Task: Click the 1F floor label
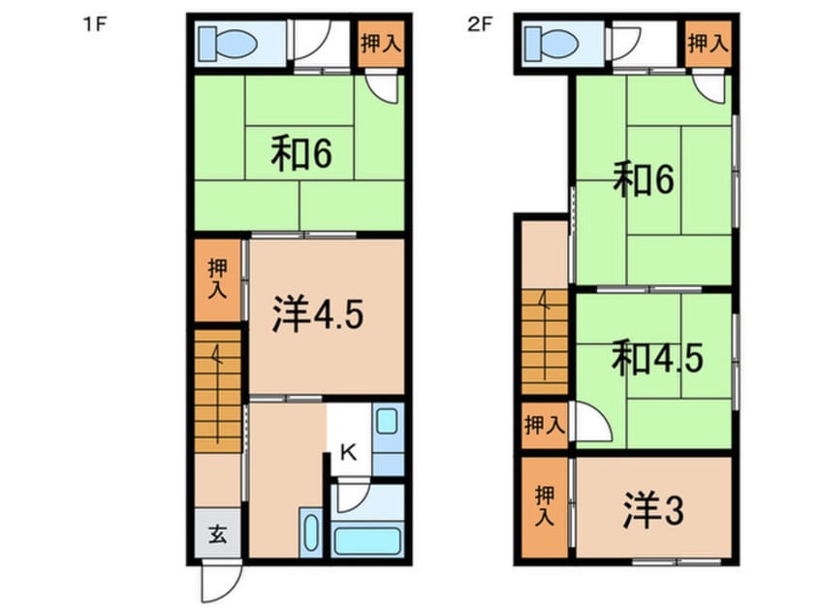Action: (x=95, y=24)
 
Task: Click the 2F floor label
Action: (x=480, y=24)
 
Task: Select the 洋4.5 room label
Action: (x=317, y=314)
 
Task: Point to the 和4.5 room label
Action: (x=657, y=358)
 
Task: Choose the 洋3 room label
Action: (x=653, y=511)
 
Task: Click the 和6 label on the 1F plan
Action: (x=301, y=153)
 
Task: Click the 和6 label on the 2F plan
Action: (x=644, y=179)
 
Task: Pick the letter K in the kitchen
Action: (x=348, y=452)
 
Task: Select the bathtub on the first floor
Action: (x=367, y=540)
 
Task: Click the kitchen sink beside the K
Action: (x=387, y=421)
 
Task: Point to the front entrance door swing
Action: (x=222, y=581)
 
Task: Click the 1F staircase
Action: (x=217, y=391)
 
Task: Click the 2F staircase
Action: (x=545, y=341)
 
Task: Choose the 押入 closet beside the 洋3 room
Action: (x=545, y=506)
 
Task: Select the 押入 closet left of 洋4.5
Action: (x=217, y=280)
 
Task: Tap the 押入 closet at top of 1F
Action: (x=381, y=44)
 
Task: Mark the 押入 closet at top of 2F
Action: (x=709, y=44)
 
